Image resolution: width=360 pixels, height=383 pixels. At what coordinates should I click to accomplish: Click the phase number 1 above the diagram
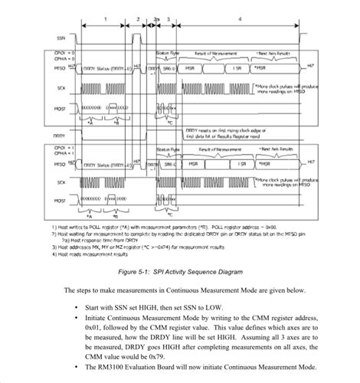[x=105, y=18]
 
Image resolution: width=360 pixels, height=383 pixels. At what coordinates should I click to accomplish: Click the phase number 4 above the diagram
[x=240, y=18]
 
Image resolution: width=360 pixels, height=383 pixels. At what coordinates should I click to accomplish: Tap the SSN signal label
[x=61, y=37]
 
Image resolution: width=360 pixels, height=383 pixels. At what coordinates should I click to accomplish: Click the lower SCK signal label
[x=61, y=182]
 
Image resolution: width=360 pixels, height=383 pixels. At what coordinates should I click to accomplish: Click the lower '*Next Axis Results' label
[x=275, y=149]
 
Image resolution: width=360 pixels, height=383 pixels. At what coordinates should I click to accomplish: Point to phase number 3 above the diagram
[x=167, y=18]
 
